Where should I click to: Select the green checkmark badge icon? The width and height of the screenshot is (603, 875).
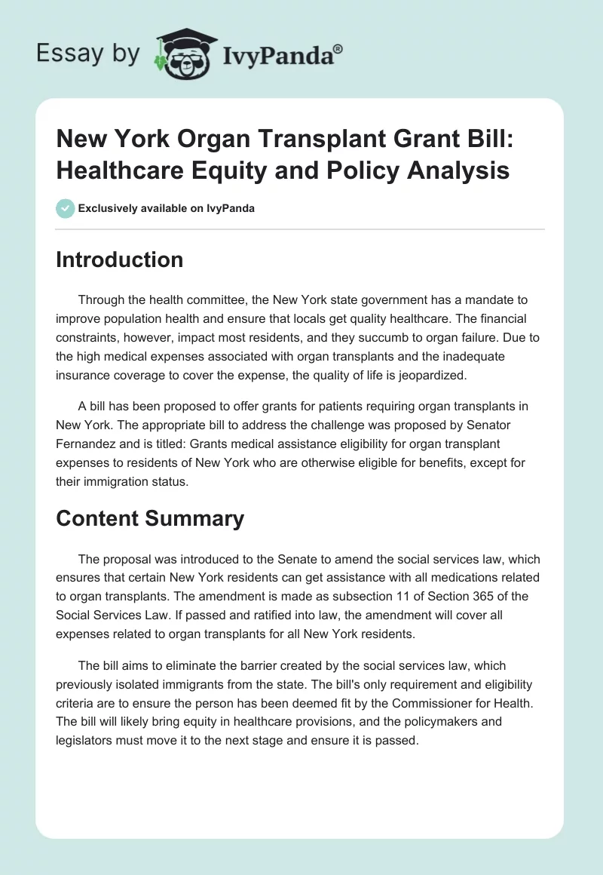click(66, 208)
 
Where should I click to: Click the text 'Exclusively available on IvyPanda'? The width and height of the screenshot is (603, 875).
click(167, 208)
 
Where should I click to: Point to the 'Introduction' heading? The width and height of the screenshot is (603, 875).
click(120, 259)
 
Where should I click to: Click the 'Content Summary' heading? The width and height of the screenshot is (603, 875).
click(150, 518)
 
